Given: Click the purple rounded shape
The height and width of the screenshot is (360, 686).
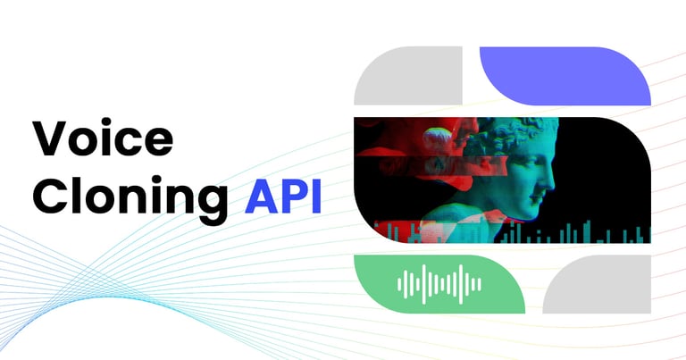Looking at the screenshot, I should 565,75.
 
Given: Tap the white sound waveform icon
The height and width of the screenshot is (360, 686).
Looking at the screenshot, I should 439,284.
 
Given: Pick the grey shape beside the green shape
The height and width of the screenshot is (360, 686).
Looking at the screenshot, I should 597,284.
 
